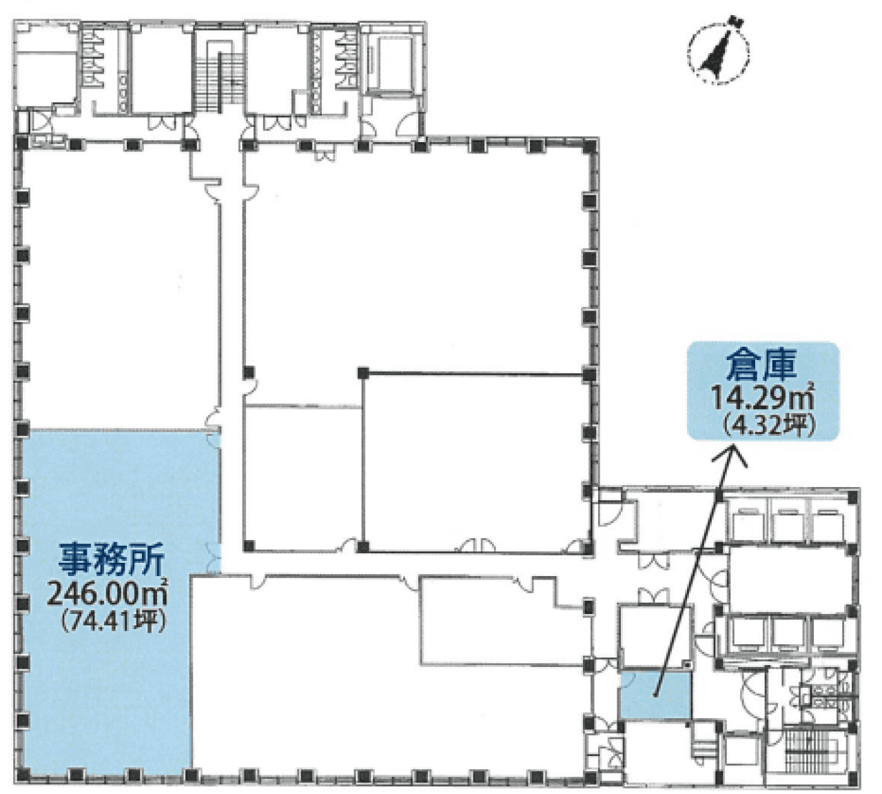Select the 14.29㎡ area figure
pos(762,399)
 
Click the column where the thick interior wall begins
pos(363,373)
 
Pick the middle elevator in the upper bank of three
pos(785,522)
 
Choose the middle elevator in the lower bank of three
pos(785,632)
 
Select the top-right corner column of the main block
pos(588,146)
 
